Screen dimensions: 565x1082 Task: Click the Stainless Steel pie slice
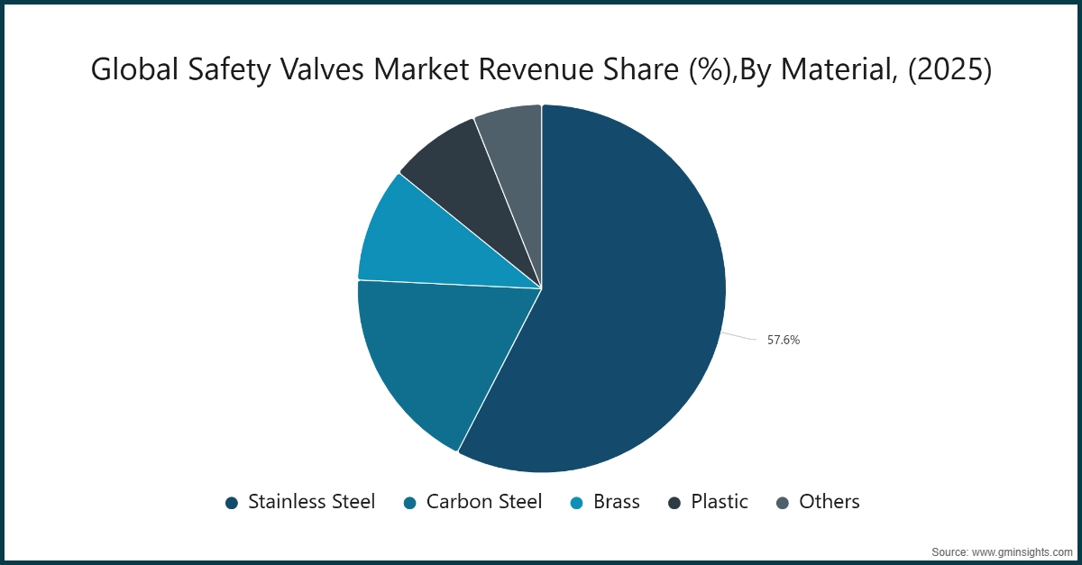point(622,297)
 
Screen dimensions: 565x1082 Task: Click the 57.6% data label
point(784,341)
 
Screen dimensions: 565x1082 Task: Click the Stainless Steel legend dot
point(232,503)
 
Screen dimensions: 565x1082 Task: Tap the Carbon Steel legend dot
point(410,503)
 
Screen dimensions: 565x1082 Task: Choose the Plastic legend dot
point(674,503)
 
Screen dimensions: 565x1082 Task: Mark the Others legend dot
point(783,503)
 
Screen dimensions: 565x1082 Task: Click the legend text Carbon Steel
point(484,502)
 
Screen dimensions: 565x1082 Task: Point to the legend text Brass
point(617,502)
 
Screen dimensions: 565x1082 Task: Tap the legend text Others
point(830,502)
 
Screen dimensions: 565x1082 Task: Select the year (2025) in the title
point(948,69)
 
